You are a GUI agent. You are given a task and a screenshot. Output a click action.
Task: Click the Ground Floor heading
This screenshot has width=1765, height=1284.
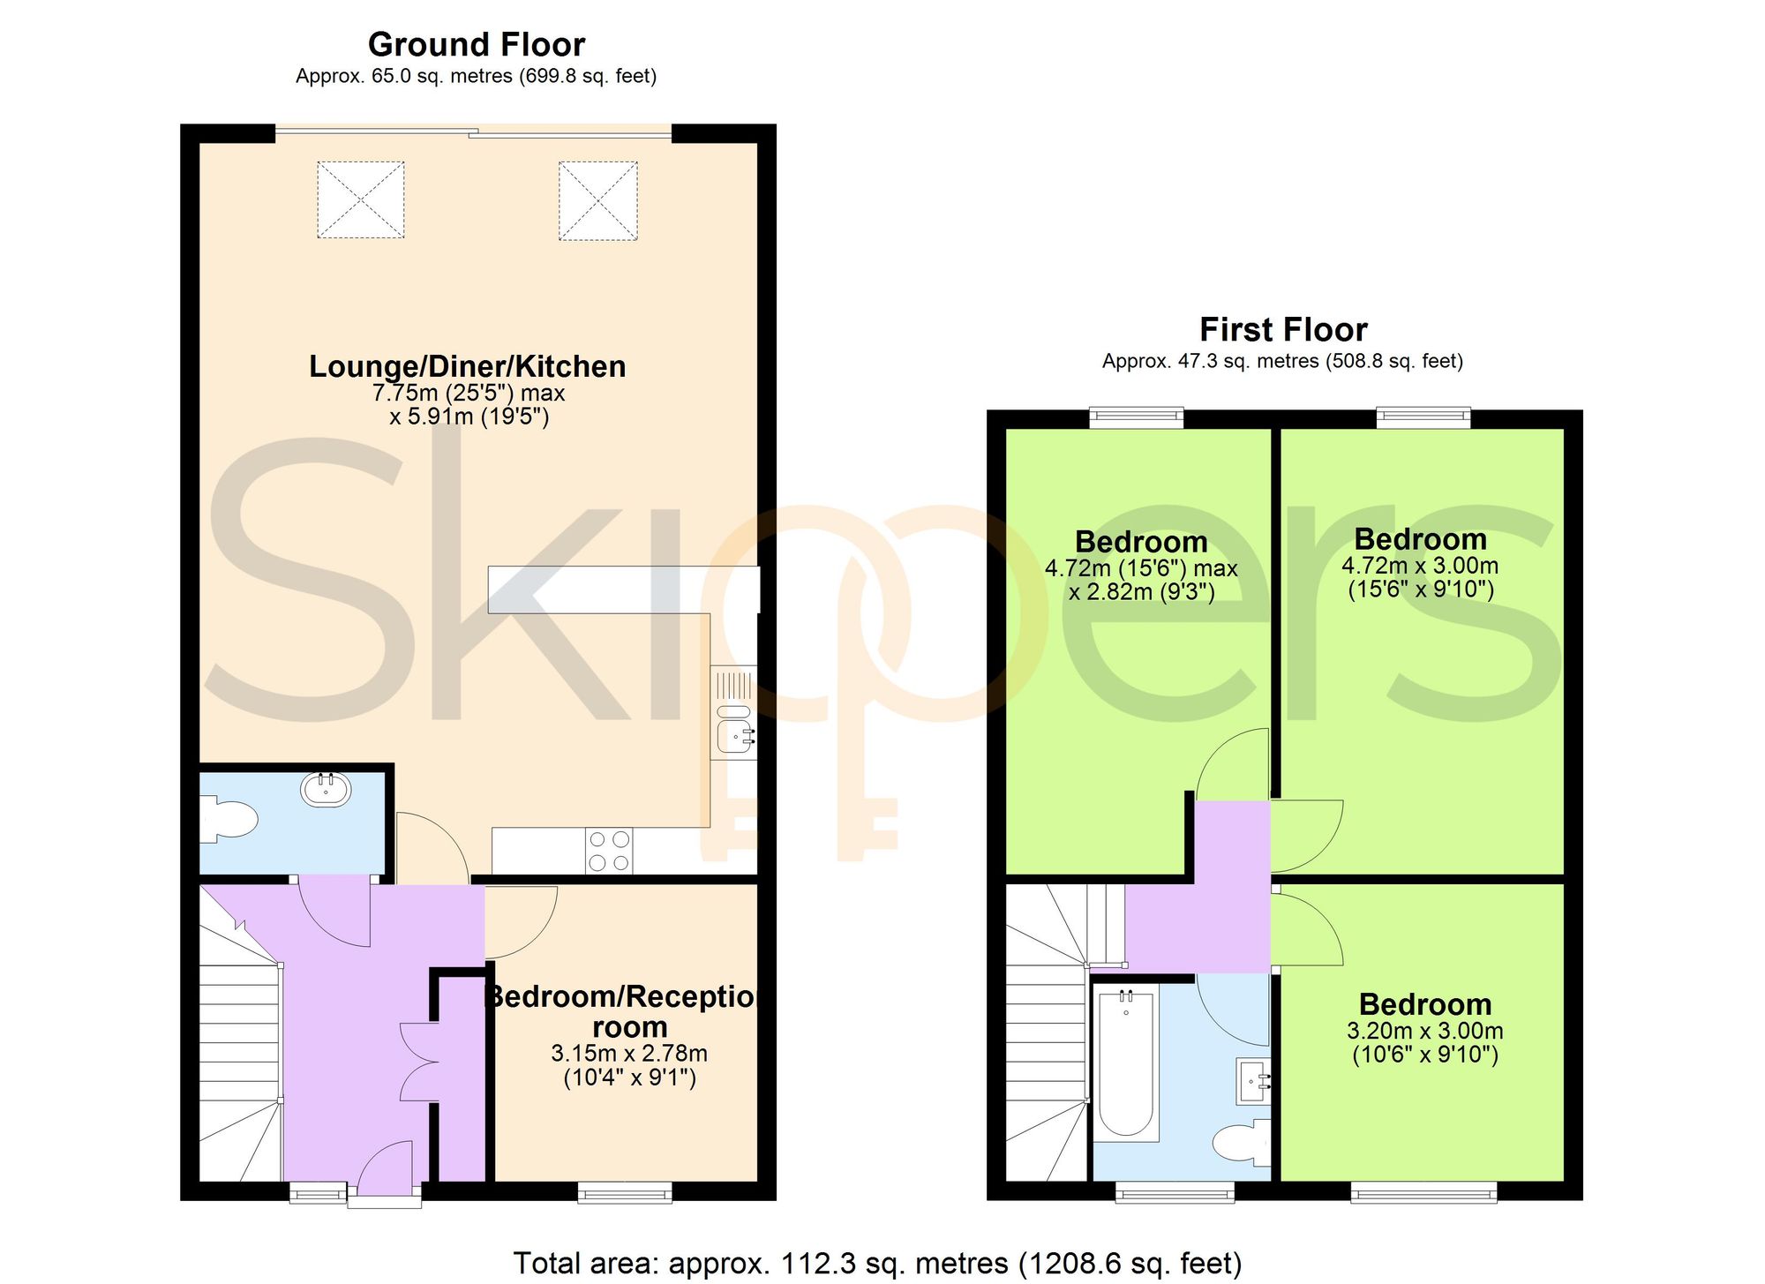(x=477, y=44)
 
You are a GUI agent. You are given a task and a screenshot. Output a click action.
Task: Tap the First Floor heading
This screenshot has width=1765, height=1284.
(x=1283, y=330)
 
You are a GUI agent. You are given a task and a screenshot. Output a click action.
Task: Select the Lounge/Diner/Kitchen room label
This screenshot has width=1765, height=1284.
(x=468, y=366)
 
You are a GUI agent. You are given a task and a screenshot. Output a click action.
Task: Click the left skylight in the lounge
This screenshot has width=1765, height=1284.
(x=361, y=199)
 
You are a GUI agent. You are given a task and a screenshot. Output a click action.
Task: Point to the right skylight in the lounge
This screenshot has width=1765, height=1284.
(x=598, y=200)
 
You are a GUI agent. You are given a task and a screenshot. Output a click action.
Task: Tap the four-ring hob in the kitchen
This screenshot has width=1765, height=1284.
(x=609, y=851)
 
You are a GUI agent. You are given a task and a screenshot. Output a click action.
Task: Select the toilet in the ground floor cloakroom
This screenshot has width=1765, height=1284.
(x=229, y=820)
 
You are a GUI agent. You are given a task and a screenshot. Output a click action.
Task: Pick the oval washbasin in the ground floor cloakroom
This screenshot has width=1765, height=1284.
(x=327, y=789)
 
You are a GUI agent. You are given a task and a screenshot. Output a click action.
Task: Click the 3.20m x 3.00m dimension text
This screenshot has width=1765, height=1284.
(x=1425, y=1031)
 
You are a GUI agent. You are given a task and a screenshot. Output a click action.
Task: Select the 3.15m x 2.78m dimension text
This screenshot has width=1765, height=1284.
(x=629, y=1054)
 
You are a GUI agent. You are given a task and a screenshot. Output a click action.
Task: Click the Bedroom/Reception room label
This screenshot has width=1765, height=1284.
(x=623, y=1011)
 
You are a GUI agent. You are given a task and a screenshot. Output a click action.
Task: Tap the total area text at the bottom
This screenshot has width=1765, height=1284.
(x=877, y=1263)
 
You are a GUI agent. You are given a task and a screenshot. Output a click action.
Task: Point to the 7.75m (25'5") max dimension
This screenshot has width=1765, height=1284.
(x=469, y=393)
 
